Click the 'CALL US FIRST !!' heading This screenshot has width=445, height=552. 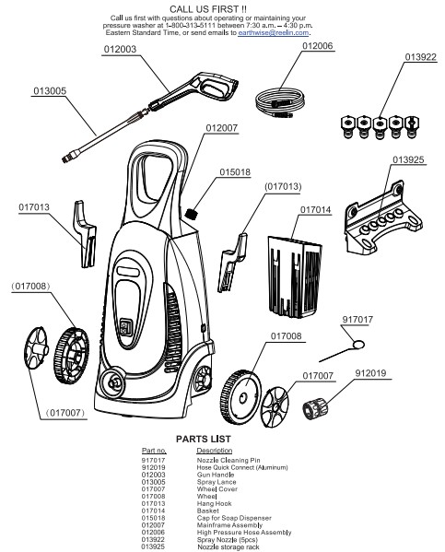[221, 7]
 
